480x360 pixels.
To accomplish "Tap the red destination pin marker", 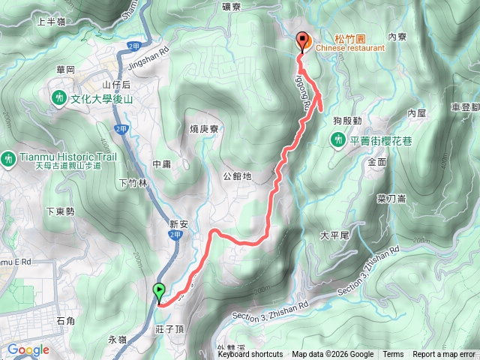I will (303, 42).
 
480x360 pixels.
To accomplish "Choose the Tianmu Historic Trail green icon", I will (8, 158).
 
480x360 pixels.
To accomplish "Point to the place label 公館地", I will (237, 178).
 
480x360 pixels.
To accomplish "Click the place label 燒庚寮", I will (204, 129).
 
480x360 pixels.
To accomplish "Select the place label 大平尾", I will (334, 235).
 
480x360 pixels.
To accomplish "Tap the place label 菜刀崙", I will (391, 198).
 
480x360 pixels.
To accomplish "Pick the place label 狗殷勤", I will (348, 121).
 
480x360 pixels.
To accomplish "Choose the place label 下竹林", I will (133, 182).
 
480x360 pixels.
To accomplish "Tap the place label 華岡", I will (65, 69).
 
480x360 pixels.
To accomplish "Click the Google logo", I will (28, 349).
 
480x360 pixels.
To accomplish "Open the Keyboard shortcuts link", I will (250, 355).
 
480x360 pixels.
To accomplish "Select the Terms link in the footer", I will (392, 355).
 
